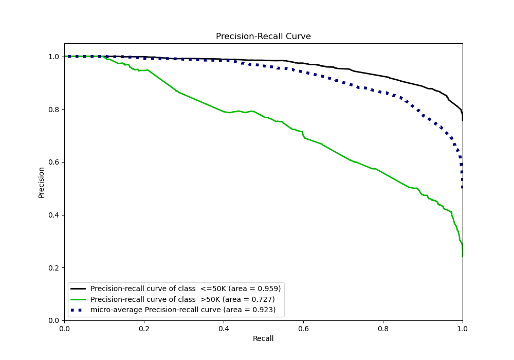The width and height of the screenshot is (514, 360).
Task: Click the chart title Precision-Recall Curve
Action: (x=263, y=37)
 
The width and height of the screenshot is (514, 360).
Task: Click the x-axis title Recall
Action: (x=263, y=338)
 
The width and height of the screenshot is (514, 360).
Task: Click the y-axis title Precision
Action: (x=42, y=182)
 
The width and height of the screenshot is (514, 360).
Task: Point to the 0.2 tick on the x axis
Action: (x=144, y=328)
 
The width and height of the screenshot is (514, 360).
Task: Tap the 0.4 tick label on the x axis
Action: (x=224, y=328)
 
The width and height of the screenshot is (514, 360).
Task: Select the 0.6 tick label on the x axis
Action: (x=303, y=328)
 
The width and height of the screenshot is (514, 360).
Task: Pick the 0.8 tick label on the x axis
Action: (x=383, y=328)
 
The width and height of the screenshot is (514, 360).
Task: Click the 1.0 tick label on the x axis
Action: (x=463, y=328)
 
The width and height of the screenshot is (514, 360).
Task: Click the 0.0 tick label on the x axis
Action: (x=64, y=328)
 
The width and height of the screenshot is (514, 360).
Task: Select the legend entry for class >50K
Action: (x=182, y=299)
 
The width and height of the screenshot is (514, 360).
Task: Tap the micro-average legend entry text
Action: (x=183, y=310)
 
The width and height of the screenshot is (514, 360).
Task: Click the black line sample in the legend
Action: (x=79, y=289)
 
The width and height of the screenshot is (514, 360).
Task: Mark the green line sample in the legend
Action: (x=79, y=299)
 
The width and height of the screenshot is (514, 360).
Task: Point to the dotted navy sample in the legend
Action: (x=79, y=310)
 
